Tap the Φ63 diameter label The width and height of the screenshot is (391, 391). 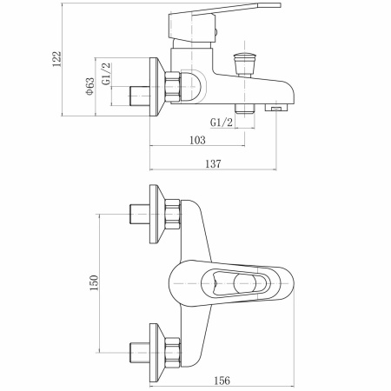tap(89, 85)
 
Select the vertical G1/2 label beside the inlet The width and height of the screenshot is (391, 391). tap(107, 73)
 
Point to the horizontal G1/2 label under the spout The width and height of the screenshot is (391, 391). tap(222, 123)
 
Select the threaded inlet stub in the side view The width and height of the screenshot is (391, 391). tap(137, 93)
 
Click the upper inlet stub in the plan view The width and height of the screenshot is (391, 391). tap(137, 211)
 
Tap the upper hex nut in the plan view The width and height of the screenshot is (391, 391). tap(172, 212)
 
